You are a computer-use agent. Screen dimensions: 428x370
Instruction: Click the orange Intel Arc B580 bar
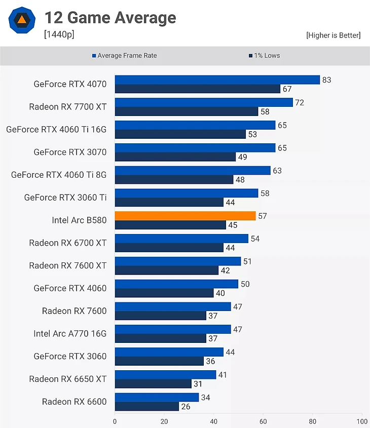click(x=185, y=216)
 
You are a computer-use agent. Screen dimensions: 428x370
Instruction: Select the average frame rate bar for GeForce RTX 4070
click(x=217, y=80)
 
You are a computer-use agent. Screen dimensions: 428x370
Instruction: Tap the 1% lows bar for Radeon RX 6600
click(x=146, y=406)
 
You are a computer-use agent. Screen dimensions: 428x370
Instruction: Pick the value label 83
click(x=326, y=80)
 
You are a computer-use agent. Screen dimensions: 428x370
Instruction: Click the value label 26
click(x=186, y=406)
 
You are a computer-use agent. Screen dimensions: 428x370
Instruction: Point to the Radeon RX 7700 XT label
click(x=68, y=106)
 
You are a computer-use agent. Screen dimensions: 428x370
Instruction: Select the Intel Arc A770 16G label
click(x=70, y=333)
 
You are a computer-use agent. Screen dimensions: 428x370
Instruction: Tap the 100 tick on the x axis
click(x=362, y=421)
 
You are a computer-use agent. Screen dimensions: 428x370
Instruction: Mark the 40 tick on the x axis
click(x=213, y=421)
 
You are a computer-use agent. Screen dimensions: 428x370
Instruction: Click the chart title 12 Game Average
click(x=110, y=18)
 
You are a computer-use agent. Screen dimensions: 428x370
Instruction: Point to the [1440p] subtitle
click(x=59, y=34)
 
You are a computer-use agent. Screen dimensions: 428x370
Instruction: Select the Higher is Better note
click(x=333, y=35)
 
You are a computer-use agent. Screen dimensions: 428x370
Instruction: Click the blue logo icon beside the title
click(x=22, y=20)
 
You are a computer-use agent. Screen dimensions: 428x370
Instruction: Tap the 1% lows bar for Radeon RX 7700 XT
click(x=186, y=111)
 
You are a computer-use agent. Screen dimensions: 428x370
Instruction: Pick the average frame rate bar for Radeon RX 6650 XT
click(x=165, y=375)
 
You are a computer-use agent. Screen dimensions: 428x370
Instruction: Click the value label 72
click(x=300, y=102)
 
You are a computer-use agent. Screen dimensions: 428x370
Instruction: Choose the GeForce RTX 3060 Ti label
click(x=65, y=197)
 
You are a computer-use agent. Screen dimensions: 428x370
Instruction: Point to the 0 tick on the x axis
click(x=115, y=421)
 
